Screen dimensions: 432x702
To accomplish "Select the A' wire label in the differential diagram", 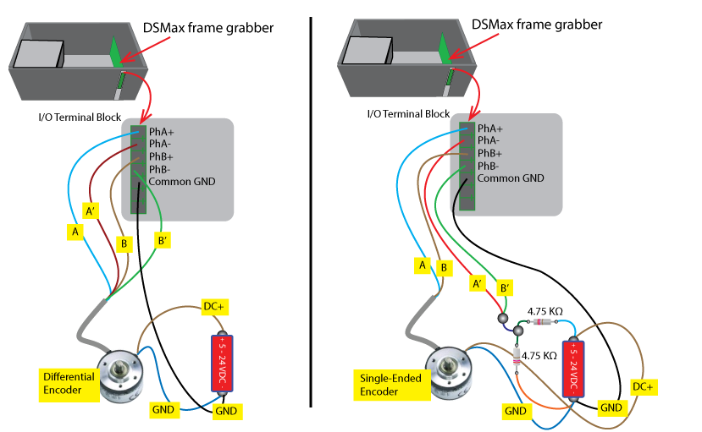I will [90, 210].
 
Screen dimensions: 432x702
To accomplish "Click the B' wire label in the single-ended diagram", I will [504, 287].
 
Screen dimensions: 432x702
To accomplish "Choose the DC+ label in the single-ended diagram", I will [644, 386].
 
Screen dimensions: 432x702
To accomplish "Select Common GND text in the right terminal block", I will [510, 178].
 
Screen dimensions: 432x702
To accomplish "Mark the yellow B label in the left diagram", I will [124, 244].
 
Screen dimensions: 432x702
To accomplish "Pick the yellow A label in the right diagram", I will [420, 265].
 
